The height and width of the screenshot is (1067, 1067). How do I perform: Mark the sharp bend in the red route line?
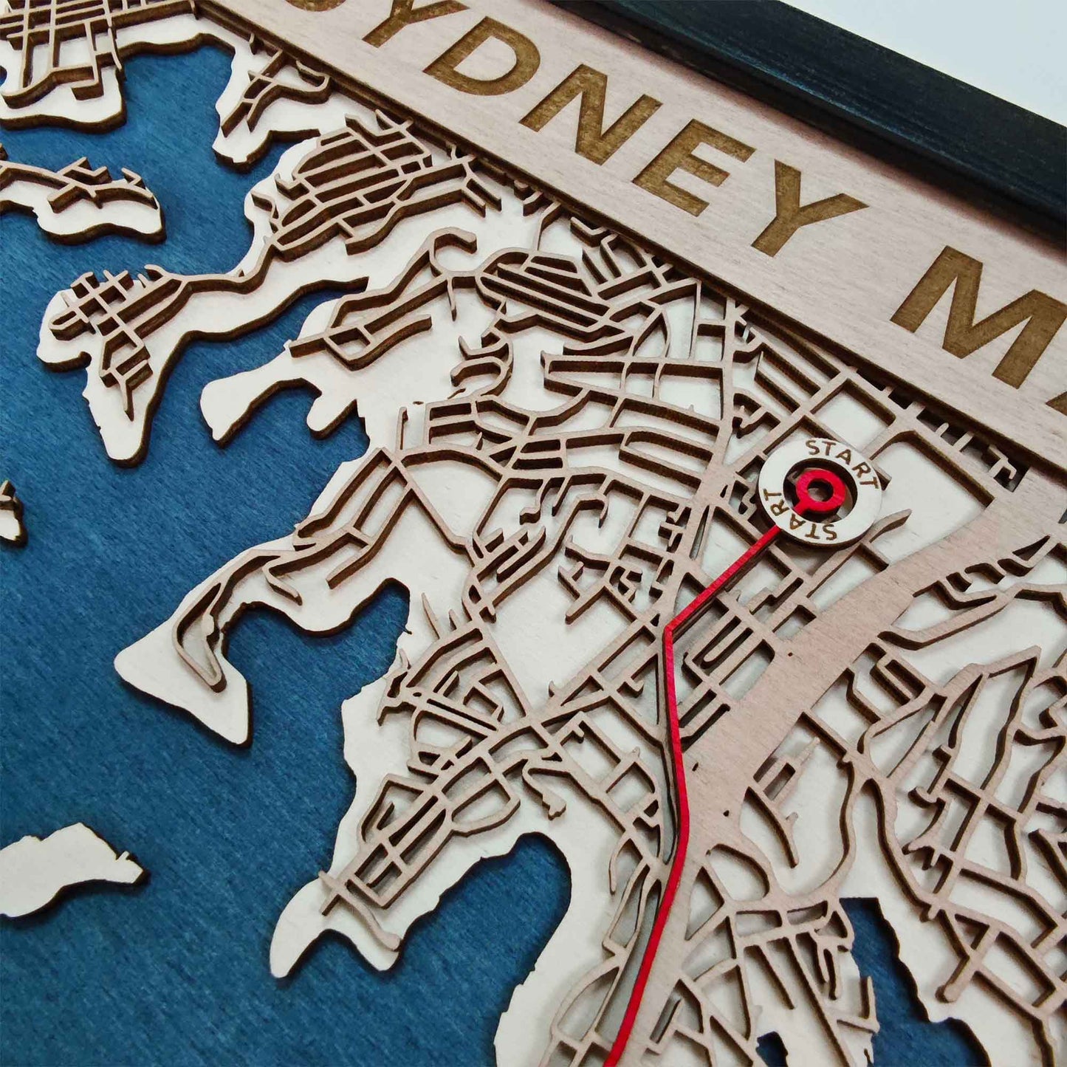[x=668, y=629]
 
